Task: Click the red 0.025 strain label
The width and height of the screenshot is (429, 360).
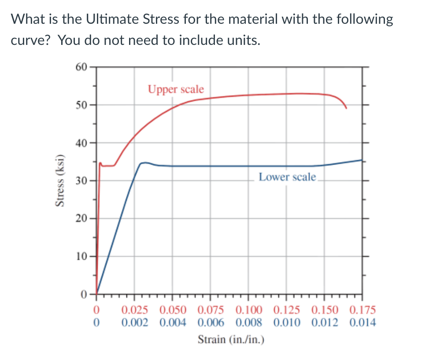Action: coord(135,311)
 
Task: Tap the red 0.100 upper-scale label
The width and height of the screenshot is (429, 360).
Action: coord(249,311)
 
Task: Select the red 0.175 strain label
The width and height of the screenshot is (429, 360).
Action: coord(362,311)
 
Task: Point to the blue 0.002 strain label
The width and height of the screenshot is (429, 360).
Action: coord(135,323)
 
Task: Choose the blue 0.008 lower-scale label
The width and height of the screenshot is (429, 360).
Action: coord(249,323)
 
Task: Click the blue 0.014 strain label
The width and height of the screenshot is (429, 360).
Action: coord(362,323)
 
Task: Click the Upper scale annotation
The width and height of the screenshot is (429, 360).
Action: coord(176,89)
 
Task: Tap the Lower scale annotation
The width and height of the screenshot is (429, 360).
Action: coord(287,177)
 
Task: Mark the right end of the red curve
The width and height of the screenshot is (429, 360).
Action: coord(346,108)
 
